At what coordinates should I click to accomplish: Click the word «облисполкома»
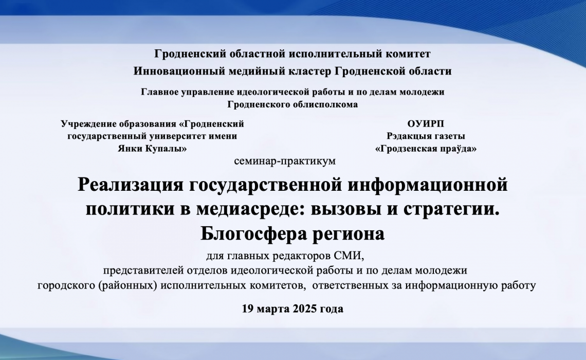[x=327, y=104]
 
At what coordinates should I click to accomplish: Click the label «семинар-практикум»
[x=284, y=161]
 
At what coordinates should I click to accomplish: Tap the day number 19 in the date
[x=248, y=309]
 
